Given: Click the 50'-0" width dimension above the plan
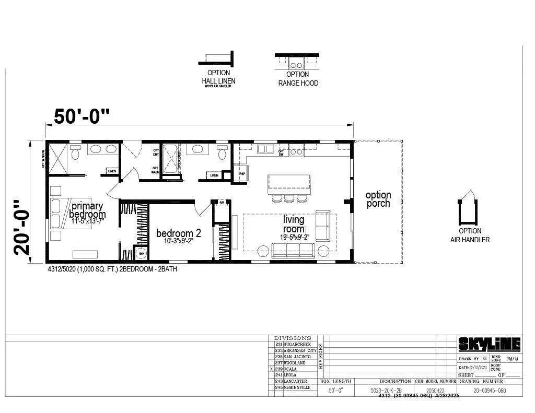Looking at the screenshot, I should coord(82,116).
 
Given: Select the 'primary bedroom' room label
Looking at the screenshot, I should coord(87,210).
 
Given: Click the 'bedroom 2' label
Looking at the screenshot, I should coord(179,233).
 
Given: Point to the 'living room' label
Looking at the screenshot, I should coord(294,225).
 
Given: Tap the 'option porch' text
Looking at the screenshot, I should coord(378,199).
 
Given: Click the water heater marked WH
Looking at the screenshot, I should coord(141,254).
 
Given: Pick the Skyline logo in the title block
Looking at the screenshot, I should coord(490,344).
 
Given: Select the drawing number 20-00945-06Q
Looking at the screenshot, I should coord(490,390).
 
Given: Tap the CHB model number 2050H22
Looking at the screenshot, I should coord(435,390).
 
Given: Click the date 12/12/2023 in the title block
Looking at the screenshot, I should coord(476,368).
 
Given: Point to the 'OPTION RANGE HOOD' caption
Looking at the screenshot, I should coord(298,79).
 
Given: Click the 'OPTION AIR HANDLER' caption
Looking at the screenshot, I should coord(470,235).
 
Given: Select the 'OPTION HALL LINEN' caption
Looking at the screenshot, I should coord(218,77).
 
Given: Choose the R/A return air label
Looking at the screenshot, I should coord(222,203).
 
